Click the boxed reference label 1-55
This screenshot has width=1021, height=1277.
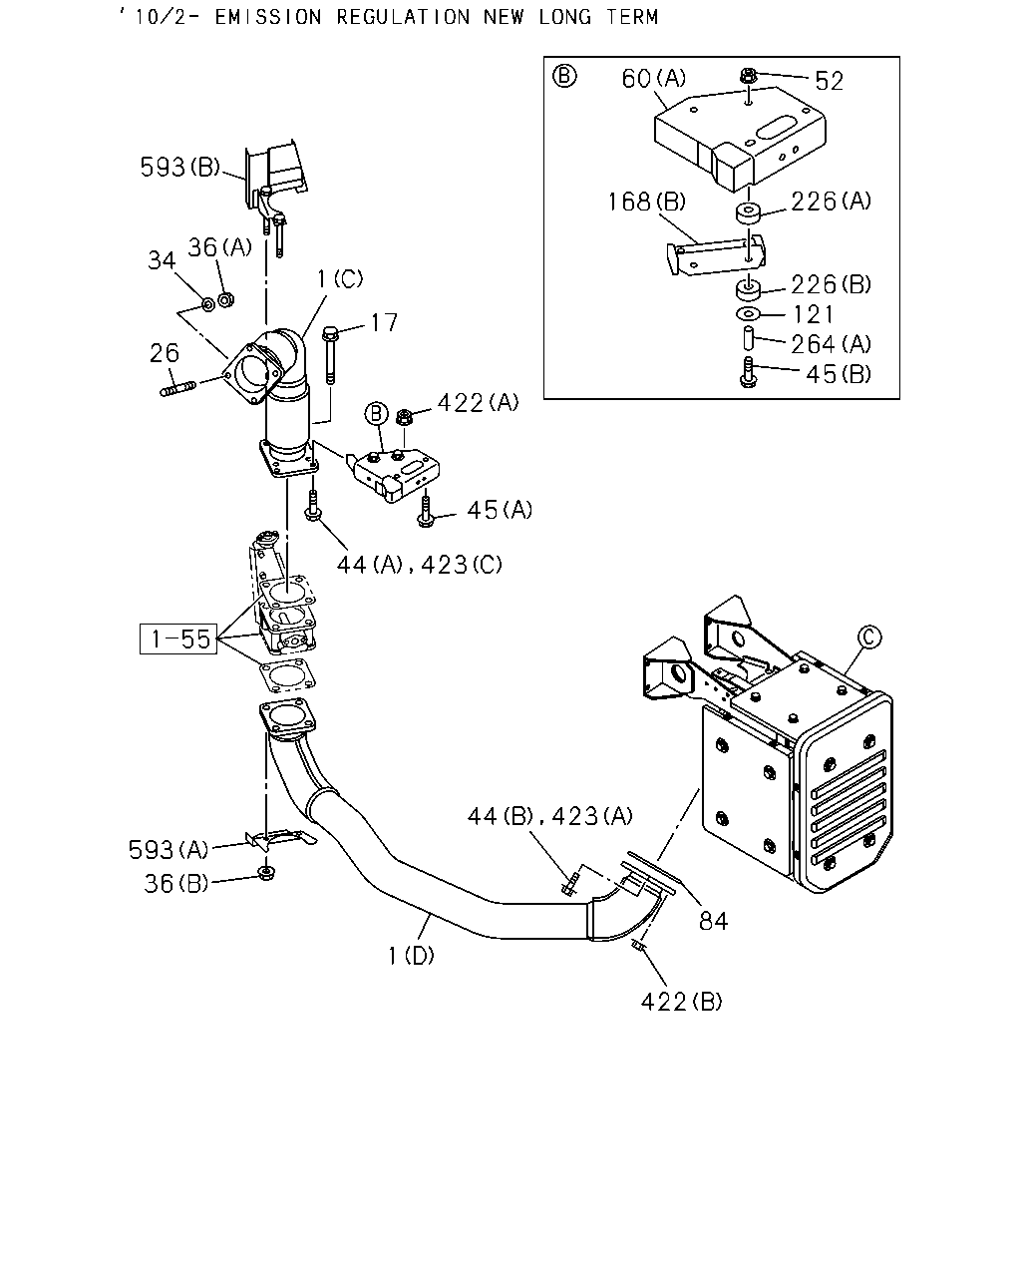coord(178,638)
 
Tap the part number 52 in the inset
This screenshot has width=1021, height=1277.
coord(829,81)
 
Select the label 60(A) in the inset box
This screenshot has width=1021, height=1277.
coord(654,79)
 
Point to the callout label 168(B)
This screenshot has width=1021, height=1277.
coord(647,202)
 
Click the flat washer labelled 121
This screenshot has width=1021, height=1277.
coord(749,313)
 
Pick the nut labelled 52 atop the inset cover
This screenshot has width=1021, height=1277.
coord(748,76)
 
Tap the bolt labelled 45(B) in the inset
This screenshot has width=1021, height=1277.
coord(748,372)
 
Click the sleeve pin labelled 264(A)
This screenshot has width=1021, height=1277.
coord(748,337)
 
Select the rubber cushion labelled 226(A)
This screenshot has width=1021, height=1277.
coord(749,213)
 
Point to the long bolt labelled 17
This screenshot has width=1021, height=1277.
coord(329,355)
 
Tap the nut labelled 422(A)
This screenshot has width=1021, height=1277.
coord(404,417)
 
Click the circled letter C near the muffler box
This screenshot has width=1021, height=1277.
coord(869,637)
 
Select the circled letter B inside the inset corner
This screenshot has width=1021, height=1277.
coord(564,77)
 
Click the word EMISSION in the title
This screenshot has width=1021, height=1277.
coord(268,17)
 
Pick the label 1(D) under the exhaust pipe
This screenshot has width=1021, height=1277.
coord(411,956)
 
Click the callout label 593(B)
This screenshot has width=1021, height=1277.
coord(179,168)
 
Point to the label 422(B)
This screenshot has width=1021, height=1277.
coord(682,1002)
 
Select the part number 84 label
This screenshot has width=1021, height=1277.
coord(713,921)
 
